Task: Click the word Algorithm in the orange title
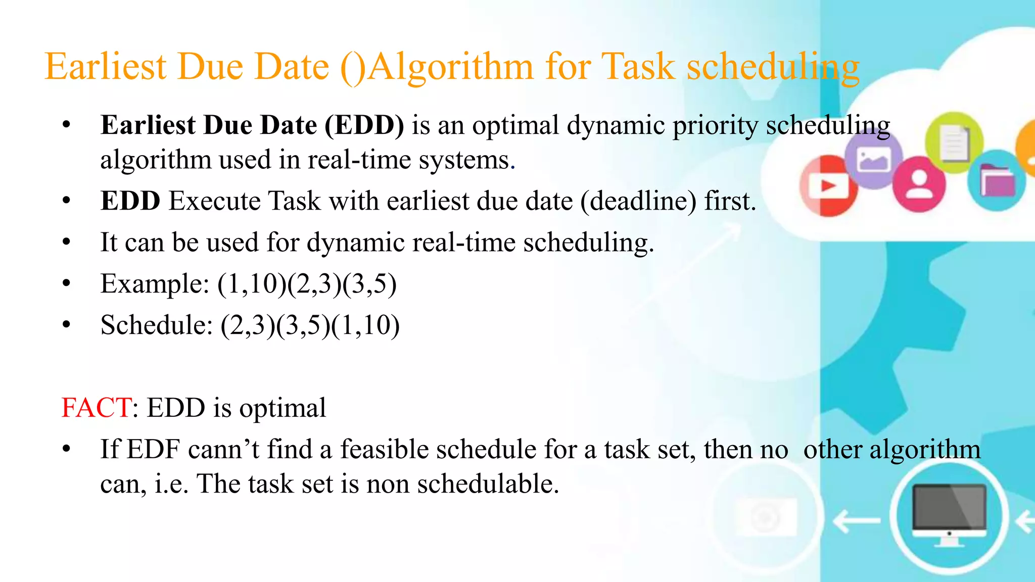tap(450, 67)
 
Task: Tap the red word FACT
tap(96, 408)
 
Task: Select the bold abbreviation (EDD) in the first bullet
tap(364, 125)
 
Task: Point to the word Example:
tap(155, 283)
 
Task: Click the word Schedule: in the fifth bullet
tap(156, 325)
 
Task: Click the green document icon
tap(954, 142)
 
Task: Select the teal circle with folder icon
tap(996, 180)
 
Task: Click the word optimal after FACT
tap(283, 408)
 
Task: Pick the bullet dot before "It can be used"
tap(67, 243)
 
